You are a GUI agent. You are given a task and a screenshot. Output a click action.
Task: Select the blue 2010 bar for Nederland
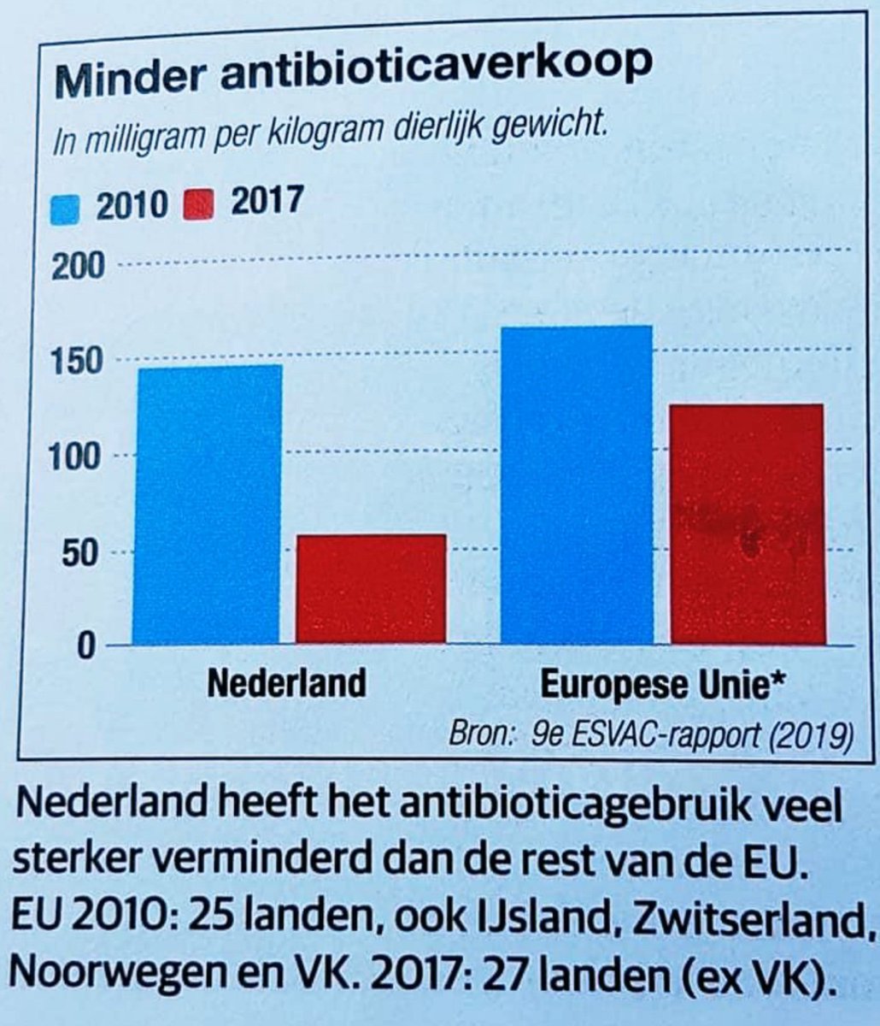coord(208,504)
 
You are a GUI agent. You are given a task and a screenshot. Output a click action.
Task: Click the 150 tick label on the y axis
coord(79,363)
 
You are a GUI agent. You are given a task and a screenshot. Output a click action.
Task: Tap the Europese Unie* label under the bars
coord(664,686)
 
